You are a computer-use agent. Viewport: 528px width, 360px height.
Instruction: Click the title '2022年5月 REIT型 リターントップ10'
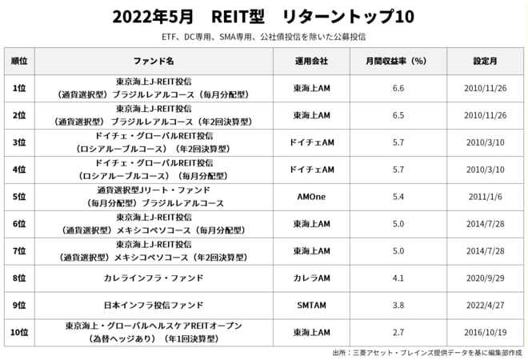coord(263,16)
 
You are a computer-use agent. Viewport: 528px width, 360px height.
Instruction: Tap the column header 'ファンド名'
coord(154,61)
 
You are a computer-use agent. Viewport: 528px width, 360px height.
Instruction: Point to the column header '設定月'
coord(486,61)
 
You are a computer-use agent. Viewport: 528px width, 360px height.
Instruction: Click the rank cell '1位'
coord(19,88)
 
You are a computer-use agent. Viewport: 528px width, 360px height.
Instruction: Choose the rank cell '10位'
coord(19,332)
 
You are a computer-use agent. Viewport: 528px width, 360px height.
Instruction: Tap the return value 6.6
coord(398,88)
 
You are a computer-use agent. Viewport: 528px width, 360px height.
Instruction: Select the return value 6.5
coord(398,115)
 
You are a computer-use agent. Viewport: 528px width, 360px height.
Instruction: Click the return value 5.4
coord(398,196)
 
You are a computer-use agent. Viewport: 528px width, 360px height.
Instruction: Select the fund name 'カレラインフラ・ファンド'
coord(154,278)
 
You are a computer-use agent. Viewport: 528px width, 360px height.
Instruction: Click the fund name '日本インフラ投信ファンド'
coord(154,305)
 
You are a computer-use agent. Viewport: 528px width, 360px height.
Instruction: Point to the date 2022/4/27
coord(486,305)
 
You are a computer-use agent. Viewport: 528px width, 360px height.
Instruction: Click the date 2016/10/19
coord(486,332)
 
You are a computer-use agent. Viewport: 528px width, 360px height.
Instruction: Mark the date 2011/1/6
coord(486,196)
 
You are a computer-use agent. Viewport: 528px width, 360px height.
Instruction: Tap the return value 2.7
coord(398,332)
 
